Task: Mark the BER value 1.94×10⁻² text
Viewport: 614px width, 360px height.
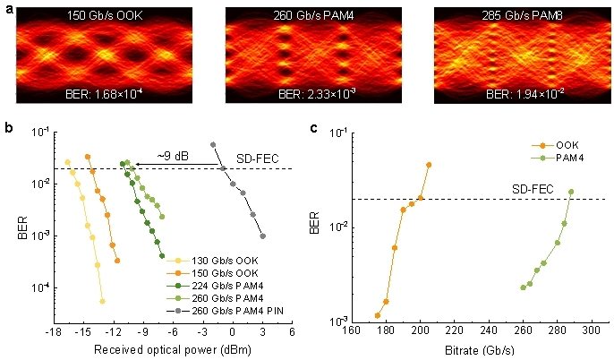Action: coord(514,94)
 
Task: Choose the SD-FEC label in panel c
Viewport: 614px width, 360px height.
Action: coord(531,189)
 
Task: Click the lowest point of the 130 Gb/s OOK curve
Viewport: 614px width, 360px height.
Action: coord(102,301)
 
